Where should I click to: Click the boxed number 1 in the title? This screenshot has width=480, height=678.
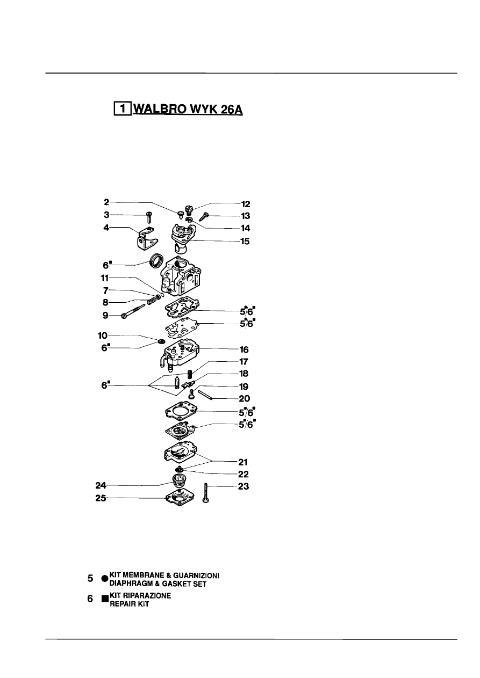pos(123,108)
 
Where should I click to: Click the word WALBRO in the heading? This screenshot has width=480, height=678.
pos(160,108)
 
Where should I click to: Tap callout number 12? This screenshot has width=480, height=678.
pos(246,204)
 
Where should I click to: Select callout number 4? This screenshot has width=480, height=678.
pos(106,227)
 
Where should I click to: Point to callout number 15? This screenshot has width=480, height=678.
pos(245,242)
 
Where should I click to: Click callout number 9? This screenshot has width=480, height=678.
pos(105,316)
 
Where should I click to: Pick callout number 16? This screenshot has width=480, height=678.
pos(244,350)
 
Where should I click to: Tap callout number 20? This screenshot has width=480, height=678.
pos(244,399)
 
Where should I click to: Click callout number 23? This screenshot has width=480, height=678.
pos(243,486)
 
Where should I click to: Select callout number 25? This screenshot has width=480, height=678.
pos(101,498)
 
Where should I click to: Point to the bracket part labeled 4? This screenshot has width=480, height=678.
pos(146,239)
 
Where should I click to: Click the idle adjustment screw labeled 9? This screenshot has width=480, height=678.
pos(133,311)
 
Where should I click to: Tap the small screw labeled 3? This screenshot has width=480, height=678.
pos(149,217)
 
